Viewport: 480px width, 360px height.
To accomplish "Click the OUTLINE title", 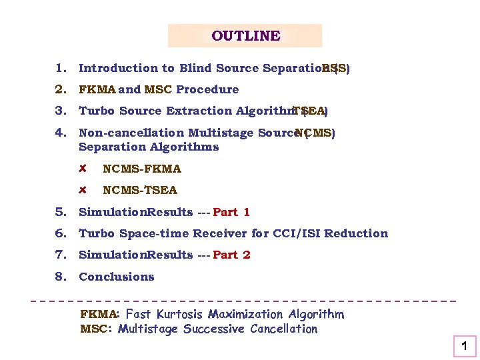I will pyautogui.click(x=245, y=36).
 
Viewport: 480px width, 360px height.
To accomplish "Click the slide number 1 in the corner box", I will pyautogui.click(x=465, y=346).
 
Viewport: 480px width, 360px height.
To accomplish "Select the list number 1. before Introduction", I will pyautogui.click(x=61, y=68).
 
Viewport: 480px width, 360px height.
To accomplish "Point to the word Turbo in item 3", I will pyautogui.click(x=95, y=111).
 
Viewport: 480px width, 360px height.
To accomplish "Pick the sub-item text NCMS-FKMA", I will pyautogui.click(x=141, y=169).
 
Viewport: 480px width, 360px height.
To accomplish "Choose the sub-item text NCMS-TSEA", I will pyautogui.click(x=139, y=190).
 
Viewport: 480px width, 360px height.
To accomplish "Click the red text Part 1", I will pyautogui.click(x=231, y=212).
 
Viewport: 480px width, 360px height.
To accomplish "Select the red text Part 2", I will pyautogui.click(x=231, y=255).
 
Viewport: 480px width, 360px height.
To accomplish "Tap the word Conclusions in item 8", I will pyautogui.click(x=116, y=277).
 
